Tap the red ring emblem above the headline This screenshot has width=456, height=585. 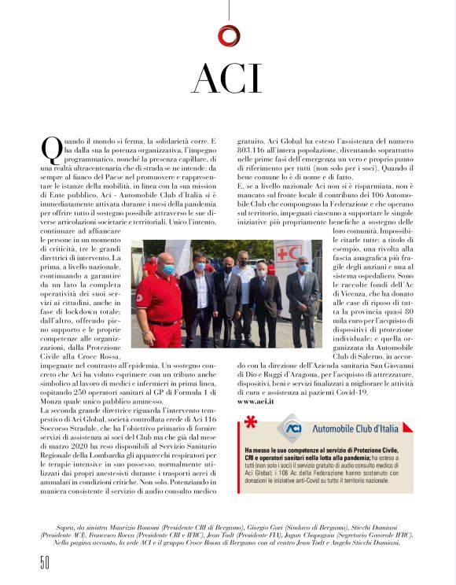[228, 34]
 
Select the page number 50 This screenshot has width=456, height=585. [45, 562]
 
